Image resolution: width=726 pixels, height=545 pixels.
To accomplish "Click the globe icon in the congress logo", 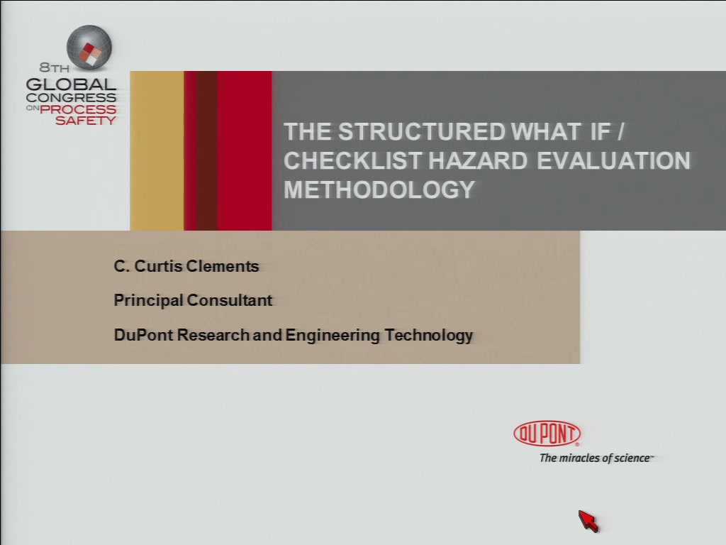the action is [89, 48].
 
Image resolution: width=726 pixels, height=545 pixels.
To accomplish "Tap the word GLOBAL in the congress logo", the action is [71, 84].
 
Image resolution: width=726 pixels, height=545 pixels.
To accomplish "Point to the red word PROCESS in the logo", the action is [78, 109].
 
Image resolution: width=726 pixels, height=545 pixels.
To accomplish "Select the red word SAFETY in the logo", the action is [86, 121].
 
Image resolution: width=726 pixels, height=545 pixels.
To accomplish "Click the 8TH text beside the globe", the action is [54, 67].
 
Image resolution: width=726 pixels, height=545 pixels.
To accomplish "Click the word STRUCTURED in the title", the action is [421, 131].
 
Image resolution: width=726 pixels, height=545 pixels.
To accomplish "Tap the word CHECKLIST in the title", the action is [352, 161].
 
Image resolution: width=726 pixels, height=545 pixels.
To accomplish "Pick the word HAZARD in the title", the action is [478, 161].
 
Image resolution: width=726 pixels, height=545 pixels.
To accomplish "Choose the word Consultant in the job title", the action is [229, 300].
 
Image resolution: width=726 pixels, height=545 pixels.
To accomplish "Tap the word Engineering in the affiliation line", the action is [333, 335].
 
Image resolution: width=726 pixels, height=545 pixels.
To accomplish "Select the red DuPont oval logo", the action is [547, 434].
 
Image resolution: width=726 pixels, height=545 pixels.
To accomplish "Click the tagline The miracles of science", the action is [596, 458].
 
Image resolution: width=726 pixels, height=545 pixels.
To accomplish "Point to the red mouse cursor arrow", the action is [588, 522].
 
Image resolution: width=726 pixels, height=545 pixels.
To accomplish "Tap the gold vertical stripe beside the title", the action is [157, 150].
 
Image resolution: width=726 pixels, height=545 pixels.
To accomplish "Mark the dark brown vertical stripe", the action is [206, 150].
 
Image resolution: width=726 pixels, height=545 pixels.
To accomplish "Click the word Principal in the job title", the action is [149, 300].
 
